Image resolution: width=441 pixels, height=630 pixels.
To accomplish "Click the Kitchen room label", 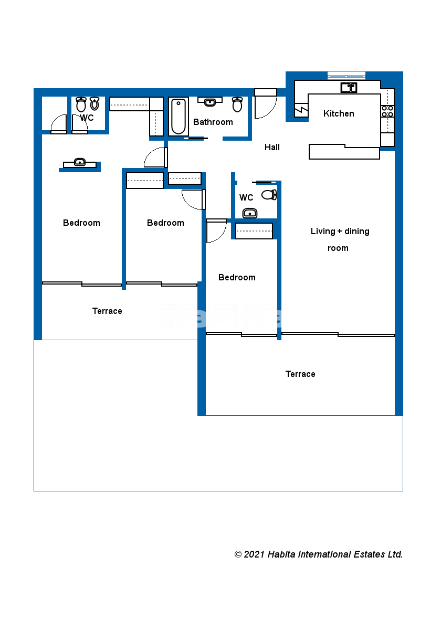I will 339,113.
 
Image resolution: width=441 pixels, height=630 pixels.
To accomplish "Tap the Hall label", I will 272,147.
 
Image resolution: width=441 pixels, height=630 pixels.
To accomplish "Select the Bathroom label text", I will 213,122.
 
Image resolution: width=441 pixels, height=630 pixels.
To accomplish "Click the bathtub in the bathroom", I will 178,116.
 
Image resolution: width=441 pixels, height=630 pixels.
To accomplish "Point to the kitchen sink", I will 349,87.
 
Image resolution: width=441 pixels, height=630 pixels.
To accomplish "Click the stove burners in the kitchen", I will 387,111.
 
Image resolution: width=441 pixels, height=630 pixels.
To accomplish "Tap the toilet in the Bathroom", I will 237,104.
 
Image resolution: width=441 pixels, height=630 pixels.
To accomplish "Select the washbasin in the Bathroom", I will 209,101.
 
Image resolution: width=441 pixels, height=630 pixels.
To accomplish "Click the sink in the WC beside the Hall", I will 250,213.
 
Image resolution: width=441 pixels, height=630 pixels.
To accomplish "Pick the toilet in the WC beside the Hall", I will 270,195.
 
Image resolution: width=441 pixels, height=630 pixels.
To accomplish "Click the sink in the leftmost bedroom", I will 80,162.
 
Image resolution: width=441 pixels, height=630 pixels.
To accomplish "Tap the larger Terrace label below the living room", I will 300,374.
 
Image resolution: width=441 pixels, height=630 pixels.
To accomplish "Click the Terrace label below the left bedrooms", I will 107,311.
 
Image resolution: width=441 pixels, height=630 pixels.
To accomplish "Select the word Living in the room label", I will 323,231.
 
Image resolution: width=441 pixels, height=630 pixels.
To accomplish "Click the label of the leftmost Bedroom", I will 81,223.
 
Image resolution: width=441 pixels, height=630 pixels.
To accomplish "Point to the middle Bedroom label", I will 165,223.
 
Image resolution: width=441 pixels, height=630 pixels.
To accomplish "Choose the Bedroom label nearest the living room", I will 237,277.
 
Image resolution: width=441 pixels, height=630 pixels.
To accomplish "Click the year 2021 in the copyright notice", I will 254,554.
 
